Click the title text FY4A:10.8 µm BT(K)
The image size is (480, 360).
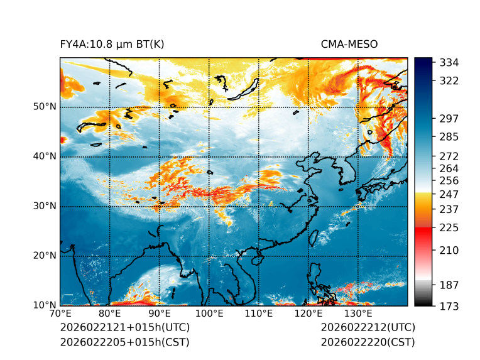[x=112, y=44]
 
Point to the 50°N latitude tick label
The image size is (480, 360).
[x=45, y=107]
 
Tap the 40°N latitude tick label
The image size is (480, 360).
[x=45, y=156]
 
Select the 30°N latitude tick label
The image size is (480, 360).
[x=45, y=206]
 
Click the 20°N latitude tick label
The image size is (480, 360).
[x=45, y=256]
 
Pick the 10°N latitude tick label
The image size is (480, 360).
[x=45, y=305]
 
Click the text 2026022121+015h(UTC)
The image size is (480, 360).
[x=125, y=328]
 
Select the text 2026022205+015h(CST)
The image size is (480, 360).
[x=124, y=342]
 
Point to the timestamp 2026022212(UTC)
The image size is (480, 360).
[x=368, y=328]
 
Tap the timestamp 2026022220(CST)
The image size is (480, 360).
[x=368, y=342]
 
